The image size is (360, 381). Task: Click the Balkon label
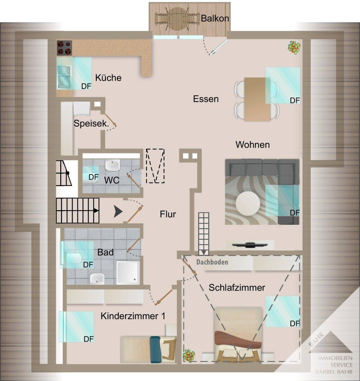tap(215, 18)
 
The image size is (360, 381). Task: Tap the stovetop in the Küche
tap(64, 48)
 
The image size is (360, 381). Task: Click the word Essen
tap(206, 99)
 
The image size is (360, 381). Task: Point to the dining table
tap(257, 99)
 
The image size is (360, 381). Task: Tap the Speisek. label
tap(91, 124)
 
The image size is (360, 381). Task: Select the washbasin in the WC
tap(112, 165)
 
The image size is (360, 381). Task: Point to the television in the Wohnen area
tap(250, 245)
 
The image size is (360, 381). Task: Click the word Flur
tap(168, 214)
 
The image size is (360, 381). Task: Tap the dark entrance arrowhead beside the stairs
tap(118, 212)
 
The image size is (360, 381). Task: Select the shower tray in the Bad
tap(128, 273)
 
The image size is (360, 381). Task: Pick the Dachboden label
tap(212, 262)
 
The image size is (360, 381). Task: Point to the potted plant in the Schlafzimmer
tap(189, 354)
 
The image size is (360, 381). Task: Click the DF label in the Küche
tap(86, 86)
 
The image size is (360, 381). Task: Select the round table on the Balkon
tap(177, 19)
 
